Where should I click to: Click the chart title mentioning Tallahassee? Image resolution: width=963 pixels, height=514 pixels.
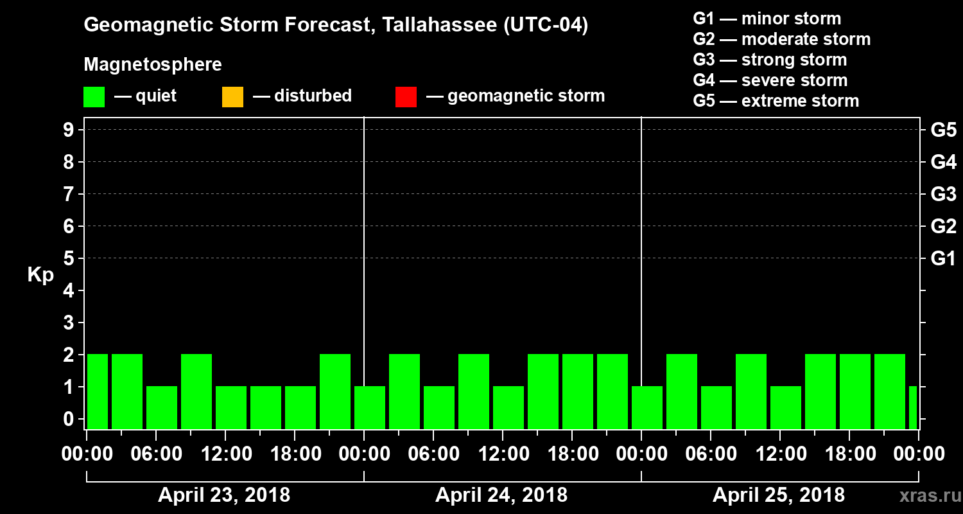tap(336, 26)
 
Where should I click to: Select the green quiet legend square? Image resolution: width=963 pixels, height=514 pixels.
tap(94, 97)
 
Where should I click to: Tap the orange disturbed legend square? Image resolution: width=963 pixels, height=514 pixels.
tap(232, 97)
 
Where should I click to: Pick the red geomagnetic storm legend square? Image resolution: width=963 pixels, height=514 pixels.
tap(406, 97)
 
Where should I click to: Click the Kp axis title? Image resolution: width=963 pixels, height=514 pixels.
tap(40, 275)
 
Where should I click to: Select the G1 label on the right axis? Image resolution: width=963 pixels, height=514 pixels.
tap(943, 259)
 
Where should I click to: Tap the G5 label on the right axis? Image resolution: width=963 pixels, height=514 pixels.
tap(943, 130)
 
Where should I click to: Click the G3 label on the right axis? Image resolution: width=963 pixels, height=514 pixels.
tap(943, 195)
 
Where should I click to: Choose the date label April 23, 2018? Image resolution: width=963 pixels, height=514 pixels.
tap(224, 495)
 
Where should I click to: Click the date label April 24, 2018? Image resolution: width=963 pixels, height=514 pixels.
tap(501, 495)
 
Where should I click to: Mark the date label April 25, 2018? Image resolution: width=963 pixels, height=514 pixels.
tap(779, 495)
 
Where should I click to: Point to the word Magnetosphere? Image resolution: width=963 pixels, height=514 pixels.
tap(153, 65)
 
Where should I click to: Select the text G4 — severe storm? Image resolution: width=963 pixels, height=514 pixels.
tap(770, 80)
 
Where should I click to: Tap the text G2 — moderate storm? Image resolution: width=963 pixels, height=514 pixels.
tap(782, 39)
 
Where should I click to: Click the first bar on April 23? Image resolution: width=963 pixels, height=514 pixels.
tap(98, 391)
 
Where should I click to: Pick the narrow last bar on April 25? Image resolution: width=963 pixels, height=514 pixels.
tap(913, 407)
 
